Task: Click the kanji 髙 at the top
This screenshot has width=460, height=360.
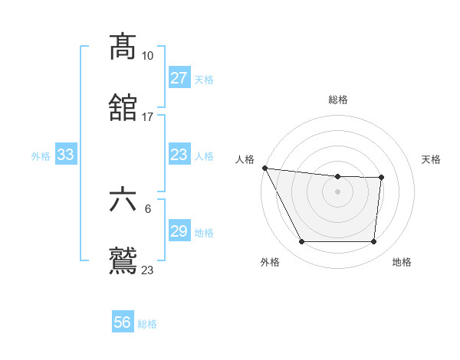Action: click(x=123, y=47)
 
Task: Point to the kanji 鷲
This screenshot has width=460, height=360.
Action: click(x=123, y=260)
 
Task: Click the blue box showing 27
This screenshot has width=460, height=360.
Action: click(x=179, y=78)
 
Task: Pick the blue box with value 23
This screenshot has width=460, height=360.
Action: click(x=179, y=155)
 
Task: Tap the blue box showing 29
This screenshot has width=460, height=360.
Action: click(x=179, y=231)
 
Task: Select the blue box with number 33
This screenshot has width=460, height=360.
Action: click(x=66, y=155)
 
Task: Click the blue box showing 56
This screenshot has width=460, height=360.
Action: click(x=123, y=322)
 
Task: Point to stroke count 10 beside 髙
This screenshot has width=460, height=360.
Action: click(x=147, y=56)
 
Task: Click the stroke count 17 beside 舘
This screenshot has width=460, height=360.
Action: click(x=147, y=117)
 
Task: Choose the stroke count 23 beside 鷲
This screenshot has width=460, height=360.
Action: click(x=147, y=270)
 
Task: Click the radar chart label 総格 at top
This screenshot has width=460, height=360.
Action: click(x=337, y=100)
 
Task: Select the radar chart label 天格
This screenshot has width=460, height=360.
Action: click(x=432, y=159)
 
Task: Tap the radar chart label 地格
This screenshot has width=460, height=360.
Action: click(x=402, y=263)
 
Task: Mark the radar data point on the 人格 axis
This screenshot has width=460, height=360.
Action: click(x=264, y=168)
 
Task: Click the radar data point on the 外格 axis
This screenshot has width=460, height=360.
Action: click(x=301, y=242)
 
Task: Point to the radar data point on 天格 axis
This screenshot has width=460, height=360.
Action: click(x=381, y=178)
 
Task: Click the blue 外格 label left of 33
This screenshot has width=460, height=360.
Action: click(x=41, y=155)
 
